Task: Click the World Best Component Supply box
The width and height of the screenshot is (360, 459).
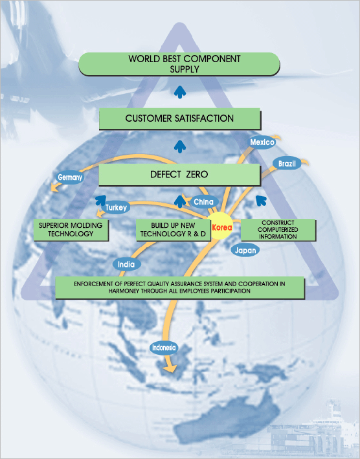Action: pos(179,64)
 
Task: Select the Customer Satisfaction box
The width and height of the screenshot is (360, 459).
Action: pos(179,118)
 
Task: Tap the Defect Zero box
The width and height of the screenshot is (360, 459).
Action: pos(179,174)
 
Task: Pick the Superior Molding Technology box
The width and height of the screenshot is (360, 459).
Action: pos(71,230)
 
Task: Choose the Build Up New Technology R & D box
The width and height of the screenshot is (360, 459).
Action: pos(173,230)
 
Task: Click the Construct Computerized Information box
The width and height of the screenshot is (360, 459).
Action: pos(278,230)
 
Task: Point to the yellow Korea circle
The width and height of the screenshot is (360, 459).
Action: pos(221,227)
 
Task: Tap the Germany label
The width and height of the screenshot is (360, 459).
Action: pos(70,177)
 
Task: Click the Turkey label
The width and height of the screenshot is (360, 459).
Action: pos(116,208)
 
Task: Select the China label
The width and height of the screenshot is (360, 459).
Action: pos(203,202)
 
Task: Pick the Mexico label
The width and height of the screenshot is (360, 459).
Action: pos(262,142)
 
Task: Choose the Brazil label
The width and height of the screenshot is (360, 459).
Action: pos(287,163)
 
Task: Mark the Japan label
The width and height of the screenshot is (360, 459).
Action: pos(245,251)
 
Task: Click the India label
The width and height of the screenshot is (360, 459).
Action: pos(126,264)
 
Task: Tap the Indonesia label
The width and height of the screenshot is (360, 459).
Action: pos(164,348)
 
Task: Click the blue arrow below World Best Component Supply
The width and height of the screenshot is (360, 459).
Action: pos(180,92)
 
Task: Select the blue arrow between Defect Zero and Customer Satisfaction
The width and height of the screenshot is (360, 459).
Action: pos(180,147)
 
